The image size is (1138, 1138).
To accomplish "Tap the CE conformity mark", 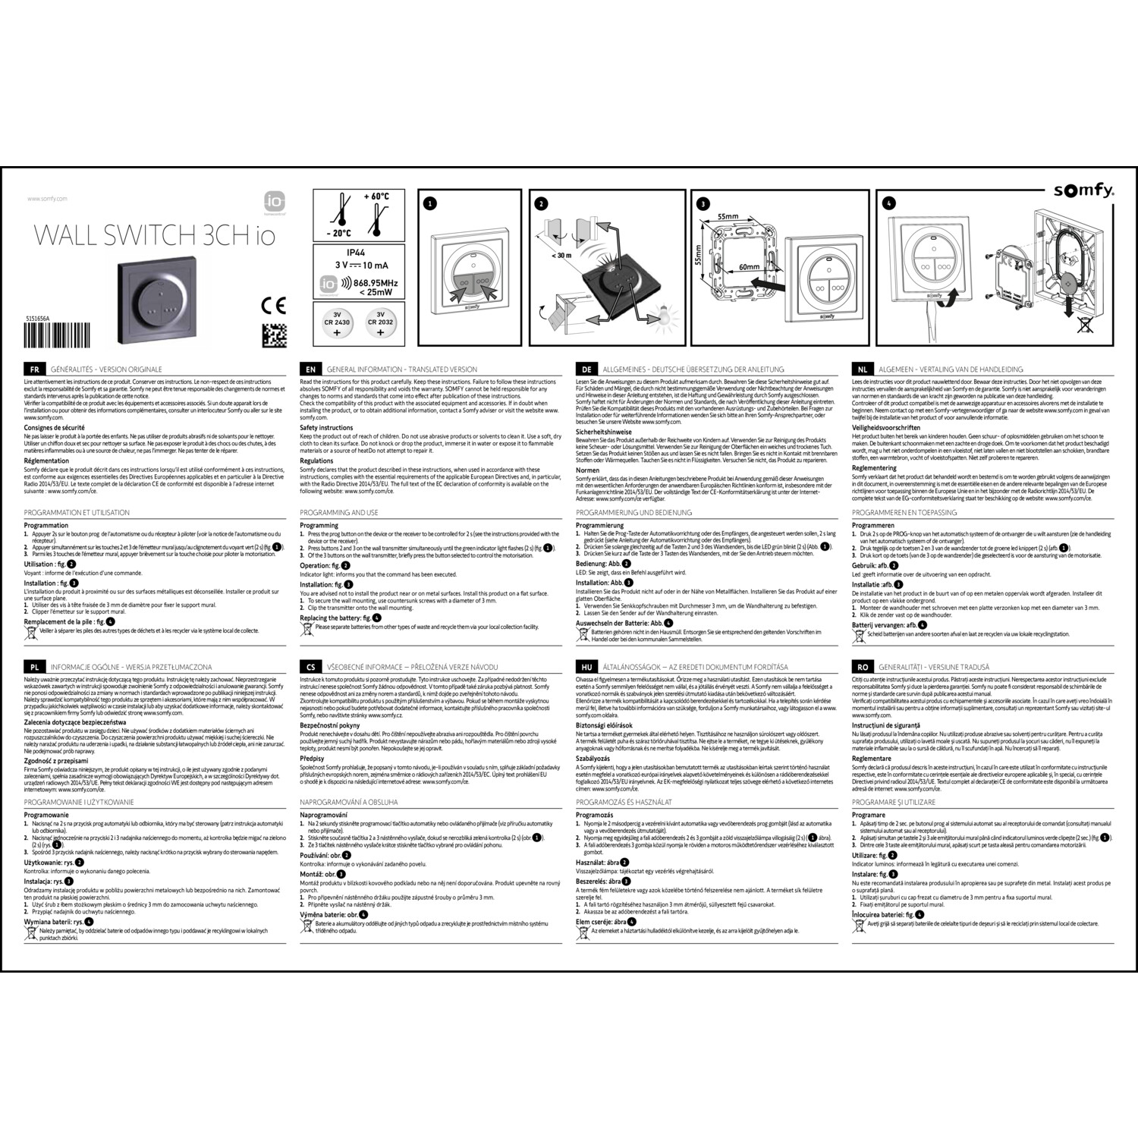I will point(273,306).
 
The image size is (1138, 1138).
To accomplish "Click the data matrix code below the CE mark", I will point(274,335).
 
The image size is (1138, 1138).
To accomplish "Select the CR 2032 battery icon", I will point(381,322).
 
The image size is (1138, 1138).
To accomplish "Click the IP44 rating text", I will point(357,251).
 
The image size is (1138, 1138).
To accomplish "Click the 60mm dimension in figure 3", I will point(749,267).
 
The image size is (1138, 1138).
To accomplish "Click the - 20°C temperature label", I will point(338,234).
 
